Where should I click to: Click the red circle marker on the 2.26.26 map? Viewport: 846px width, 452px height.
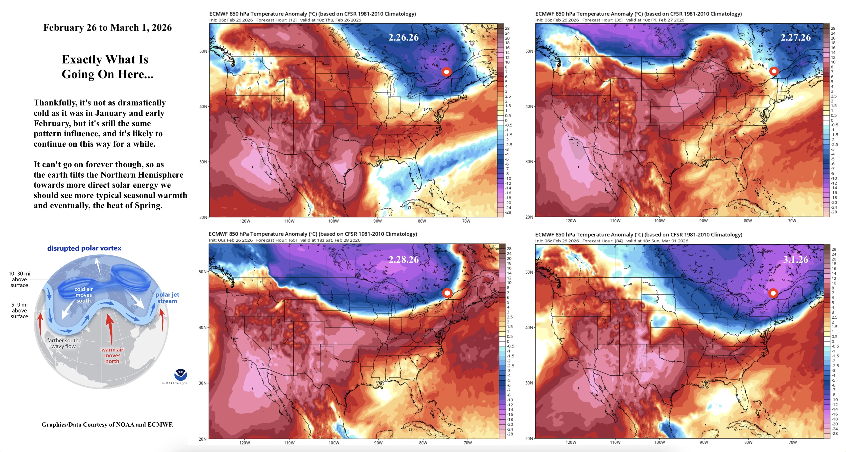click(x=446, y=72)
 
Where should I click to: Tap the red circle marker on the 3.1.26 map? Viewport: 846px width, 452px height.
click(x=773, y=293)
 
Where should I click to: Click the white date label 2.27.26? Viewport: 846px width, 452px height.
click(x=796, y=37)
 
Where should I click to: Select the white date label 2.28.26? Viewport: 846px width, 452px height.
click(x=404, y=259)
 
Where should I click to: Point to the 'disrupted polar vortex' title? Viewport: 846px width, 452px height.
click(x=84, y=248)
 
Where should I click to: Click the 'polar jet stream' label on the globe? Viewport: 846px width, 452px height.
click(x=167, y=298)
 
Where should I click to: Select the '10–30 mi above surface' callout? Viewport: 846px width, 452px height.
click(x=19, y=279)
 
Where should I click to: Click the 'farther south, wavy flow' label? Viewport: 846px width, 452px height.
click(x=63, y=343)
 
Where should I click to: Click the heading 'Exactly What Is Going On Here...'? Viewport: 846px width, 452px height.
click(x=107, y=67)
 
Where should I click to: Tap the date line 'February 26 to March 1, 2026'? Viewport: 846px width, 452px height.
click(x=107, y=28)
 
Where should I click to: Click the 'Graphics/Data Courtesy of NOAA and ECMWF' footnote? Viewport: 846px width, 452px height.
click(x=107, y=424)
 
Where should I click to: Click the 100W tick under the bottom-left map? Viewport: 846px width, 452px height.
click(x=334, y=443)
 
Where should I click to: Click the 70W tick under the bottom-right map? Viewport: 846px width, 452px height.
click(x=793, y=442)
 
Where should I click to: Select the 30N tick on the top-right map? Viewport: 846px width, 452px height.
click(x=529, y=162)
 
